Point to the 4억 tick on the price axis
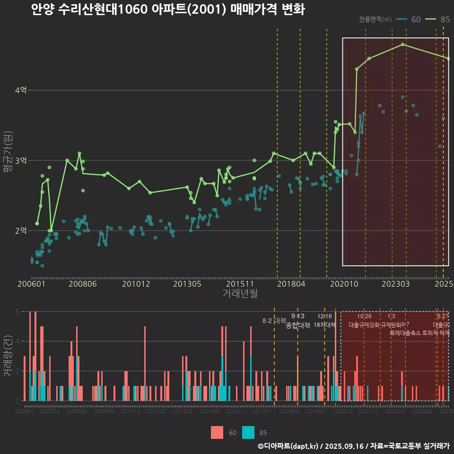click(x=21, y=90)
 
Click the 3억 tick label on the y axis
click(x=21, y=160)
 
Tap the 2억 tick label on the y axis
click(x=21, y=231)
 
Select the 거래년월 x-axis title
click(x=240, y=293)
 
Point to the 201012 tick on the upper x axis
click(x=136, y=284)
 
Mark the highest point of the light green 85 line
click(x=402, y=44)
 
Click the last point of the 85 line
click(x=448, y=58)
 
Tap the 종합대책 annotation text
click(x=298, y=325)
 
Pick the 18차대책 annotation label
click(x=324, y=325)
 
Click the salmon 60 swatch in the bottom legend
click(x=217, y=432)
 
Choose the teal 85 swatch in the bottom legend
click(x=248, y=432)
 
